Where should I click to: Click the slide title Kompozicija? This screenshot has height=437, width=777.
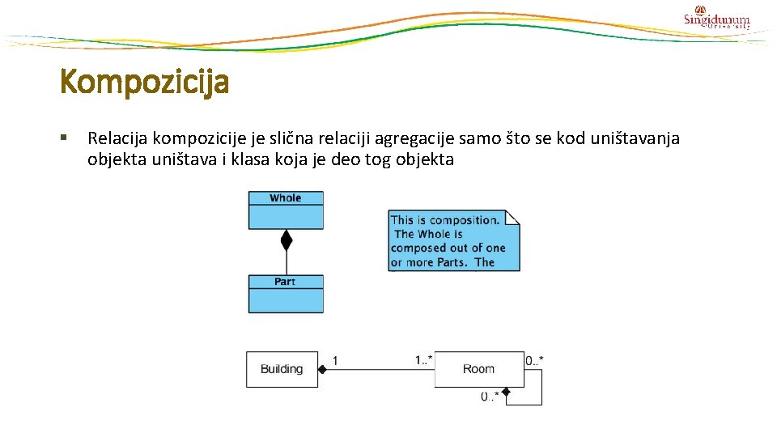click(144, 82)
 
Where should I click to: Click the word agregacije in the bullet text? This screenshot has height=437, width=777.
click(418, 138)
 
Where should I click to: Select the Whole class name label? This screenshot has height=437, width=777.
click(286, 198)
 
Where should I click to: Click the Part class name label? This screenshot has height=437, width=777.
click(285, 282)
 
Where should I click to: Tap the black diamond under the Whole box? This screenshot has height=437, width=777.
click(286, 240)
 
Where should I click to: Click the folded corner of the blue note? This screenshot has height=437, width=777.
click(512, 217)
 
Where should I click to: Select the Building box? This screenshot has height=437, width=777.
click(282, 369)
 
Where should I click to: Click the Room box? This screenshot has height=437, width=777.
click(479, 369)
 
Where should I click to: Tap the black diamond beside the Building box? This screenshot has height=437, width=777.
click(321, 370)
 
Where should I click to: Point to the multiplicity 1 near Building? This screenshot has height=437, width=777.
click(335, 360)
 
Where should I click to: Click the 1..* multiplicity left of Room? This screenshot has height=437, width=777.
click(423, 359)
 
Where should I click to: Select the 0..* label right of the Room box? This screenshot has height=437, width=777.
click(534, 359)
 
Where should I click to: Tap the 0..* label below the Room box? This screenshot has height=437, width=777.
click(490, 397)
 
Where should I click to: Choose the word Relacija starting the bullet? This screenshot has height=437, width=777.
click(117, 138)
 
